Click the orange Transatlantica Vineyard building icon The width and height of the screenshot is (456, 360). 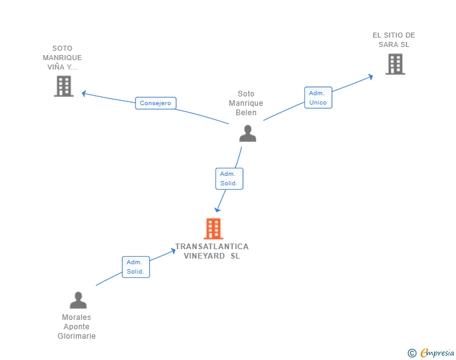pyautogui.click(x=214, y=229)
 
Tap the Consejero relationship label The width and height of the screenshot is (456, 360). pyautogui.click(x=155, y=103)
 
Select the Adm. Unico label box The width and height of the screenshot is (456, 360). pyautogui.click(x=318, y=98)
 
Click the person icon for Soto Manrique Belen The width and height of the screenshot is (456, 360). pyautogui.click(x=248, y=133)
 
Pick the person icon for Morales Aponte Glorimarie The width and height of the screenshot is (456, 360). pyautogui.click(x=78, y=300)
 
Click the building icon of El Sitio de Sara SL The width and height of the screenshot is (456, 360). pyautogui.click(x=395, y=64)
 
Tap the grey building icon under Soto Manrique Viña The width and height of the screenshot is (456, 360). pyautogui.click(x=64, y=86)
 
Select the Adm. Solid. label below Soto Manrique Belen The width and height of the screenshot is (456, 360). pyautogui.click(x=229, y=179)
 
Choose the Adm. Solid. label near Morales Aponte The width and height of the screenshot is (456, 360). pyautogui.click(x=136, y=267)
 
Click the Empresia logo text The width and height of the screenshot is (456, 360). pyautogui.click(x=437, y=352)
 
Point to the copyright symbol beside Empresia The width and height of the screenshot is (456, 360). pyautogui.click(x=412, y=353)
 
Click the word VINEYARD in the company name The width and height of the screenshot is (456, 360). pyautogui.click(x=204, y=256)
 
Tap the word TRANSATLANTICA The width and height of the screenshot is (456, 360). pyautogui.click(x=212, y=247)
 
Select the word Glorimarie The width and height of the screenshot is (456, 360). pyautogui.click(x=76, y=336)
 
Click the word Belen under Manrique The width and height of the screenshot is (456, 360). pyautogui.click(x=246, y=113)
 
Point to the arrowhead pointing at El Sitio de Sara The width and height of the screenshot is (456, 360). pyautogui.click(x=371, y=77)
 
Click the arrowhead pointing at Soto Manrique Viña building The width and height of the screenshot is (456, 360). pyautogui.click(x=84, y=94)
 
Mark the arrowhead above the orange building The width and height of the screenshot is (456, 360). pyautogui.click(x=217, y=209)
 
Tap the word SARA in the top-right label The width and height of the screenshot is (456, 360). pyautogui.click(x=388, y=44)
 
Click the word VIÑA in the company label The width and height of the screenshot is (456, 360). pyautogui.click(x=56, y=66)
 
